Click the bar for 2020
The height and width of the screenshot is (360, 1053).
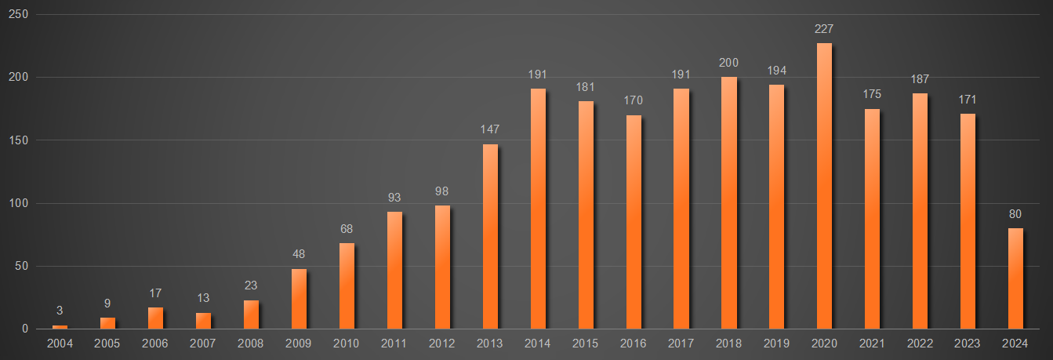pyautogui.click(x=824, y=186)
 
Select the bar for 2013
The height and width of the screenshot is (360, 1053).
pyautogui.click(x=490, y=236)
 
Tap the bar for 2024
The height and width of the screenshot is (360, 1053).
pyautogui.click(x=1015, y=278)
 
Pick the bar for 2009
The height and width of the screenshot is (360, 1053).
pyautogui.click(x=299, y=299)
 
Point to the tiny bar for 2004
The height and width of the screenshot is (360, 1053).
pyautogui.click(x=60, y=326)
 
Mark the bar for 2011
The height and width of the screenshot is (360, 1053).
pyautogui.click(x=394, y=270)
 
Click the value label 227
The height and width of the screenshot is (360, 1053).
pyautogui.click(x=824, y=29)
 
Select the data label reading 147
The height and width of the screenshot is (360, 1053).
pyautogui.click(x=490, y=129)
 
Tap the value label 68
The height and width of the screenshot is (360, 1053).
pyautogui.click(x=347, y=229)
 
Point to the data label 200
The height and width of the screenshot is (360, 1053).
pyautogui.click(x=728, y=63)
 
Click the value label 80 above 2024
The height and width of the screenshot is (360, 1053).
pyautogui.click(x=1015, y=213)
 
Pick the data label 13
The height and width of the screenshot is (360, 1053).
pyautogui.click(x=203, y=298)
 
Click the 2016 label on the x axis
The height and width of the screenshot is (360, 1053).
pyautogui.click(x=633, y=343)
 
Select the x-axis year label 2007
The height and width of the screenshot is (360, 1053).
pyautogui.click(x=203, y=343)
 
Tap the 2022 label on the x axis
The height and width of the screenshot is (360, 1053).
pyautogui.click(x=920, y=343)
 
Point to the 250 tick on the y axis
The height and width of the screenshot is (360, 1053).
pyautogui.click(x=19, y=15)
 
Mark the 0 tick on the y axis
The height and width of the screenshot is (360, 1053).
pyautogui.click(x=25, y=329)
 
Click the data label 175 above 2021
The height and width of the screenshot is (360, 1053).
pyautogui.click(x=872, y=94)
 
